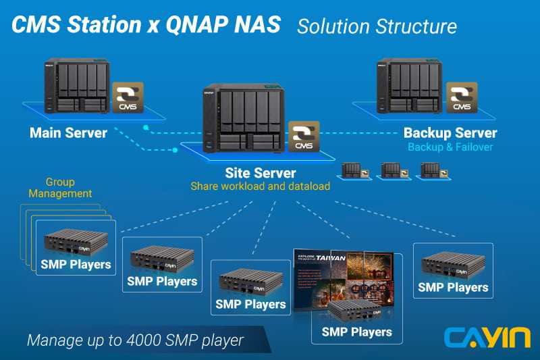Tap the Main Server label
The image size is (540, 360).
[x=68, y=132]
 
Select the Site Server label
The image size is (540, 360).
[x=260, y=173]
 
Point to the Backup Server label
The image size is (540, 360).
[x=450, y=132]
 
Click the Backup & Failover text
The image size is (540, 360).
[x=450, y=147]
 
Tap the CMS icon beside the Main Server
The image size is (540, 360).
[x=128, y=99]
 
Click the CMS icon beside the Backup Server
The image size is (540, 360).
[x=462, y=99]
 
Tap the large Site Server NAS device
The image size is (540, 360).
[x=242, y=120]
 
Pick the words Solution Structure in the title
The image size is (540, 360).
[x=377, y=26]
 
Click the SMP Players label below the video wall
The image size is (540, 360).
[x=356, y=332]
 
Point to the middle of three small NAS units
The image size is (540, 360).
[x=391, y=171]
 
